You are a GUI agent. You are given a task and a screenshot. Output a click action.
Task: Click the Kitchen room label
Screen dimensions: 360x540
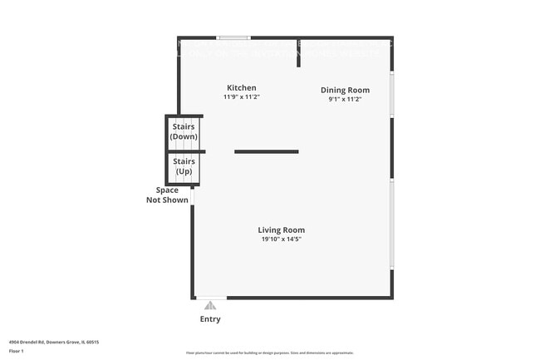242,87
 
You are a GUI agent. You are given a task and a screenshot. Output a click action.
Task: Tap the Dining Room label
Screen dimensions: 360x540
345,90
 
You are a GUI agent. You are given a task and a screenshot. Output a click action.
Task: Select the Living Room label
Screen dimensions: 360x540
281,230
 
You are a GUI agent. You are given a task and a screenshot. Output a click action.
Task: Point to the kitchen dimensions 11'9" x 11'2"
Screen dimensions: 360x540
242,97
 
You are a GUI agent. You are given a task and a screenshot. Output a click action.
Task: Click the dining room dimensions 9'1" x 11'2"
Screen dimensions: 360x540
345,99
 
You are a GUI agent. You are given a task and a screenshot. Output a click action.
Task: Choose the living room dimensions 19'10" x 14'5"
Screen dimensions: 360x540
281,239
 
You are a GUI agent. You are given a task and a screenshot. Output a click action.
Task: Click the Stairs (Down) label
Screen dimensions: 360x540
184,131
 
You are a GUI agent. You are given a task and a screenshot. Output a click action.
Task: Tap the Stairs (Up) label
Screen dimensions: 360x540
184,167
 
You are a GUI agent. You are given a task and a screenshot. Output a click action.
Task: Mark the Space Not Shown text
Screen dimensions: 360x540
162,195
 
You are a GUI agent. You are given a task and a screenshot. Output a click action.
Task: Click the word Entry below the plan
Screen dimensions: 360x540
210,319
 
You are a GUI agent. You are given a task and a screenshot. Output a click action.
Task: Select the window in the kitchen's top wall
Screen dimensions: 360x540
233,37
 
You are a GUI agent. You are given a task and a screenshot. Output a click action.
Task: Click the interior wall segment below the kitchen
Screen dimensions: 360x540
266,151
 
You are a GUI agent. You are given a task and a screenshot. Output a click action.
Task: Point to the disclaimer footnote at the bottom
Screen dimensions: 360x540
270,354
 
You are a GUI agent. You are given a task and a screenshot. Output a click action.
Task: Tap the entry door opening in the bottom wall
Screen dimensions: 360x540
210,298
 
